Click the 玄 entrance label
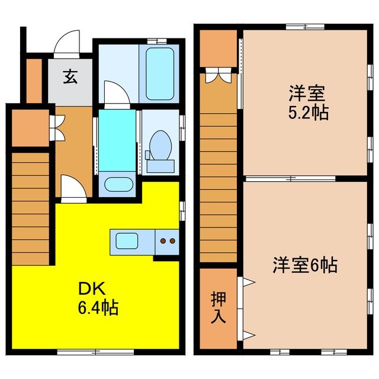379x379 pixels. pyautogui.click(x=70, y=76)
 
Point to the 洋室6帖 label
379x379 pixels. pyautogui.click(x=304, y=266)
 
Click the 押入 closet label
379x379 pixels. pyautogui.click(x=217, y=309)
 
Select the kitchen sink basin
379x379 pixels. pyautogui.click(x=127, y=241)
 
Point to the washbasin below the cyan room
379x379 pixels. pyautogui.click(x=117, y=184)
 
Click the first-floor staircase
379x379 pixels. pyautogui.click(x=30, y=207)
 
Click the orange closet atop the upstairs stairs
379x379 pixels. pyautogui.click(x=217, y=49)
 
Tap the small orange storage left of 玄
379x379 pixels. pyautogui.click(x=34, y=80)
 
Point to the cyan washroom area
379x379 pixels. pyautogui.click(x=117, y=140)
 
